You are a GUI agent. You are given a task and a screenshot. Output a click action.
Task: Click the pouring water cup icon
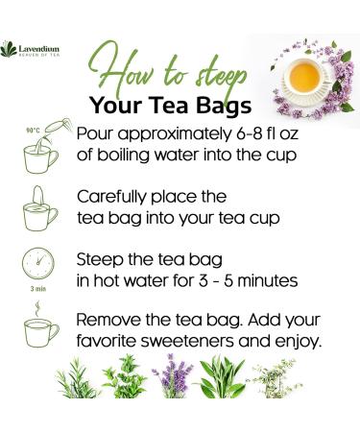point(39,151)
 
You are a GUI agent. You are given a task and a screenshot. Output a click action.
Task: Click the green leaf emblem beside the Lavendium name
point(11,46)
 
